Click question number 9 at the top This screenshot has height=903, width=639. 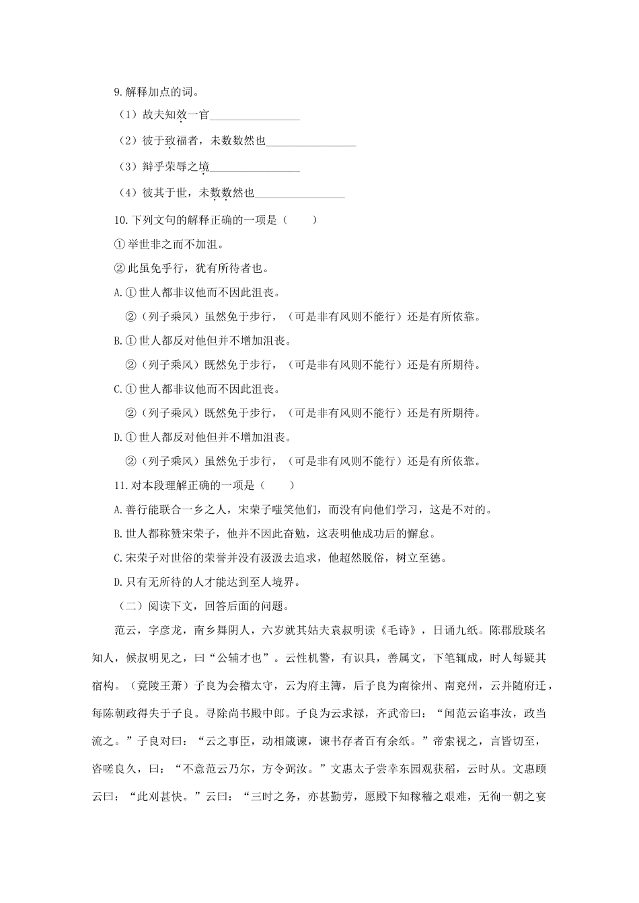[x=118, y=92]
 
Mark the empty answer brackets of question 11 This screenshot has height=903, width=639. [x=273, y=485]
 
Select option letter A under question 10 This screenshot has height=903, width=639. [x=118, y=292]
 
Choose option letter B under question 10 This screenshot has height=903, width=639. [x=118, y=341]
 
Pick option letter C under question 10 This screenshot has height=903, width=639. [x=118, y=389]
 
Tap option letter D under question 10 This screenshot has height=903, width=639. [x=118, y=437]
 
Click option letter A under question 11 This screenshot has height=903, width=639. [x=118, y=509]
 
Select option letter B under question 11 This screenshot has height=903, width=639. [x=118, y=534]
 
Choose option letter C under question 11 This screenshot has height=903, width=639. [x=118, y=558]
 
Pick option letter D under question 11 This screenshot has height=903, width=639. [x=118, y=582]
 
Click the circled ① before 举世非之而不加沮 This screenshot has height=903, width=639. [x=120, y=244]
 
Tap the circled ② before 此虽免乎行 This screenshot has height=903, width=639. [x=120, y=268]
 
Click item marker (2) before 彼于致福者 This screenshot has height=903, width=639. [x=128, y=141]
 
